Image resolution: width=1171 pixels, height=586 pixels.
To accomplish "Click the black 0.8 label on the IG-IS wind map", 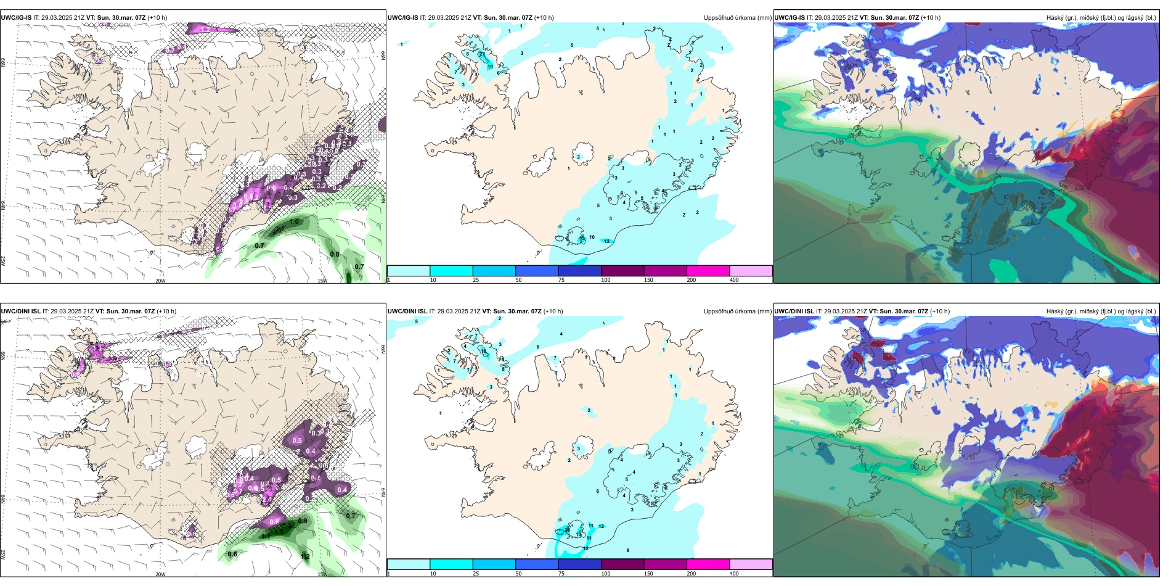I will pos(335,254).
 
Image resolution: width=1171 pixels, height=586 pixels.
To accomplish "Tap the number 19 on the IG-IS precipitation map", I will pos(491,67).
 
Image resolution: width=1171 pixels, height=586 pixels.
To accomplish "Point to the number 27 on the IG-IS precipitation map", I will pos(482,54).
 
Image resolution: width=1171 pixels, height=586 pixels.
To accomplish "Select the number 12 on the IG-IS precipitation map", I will pos(607,241).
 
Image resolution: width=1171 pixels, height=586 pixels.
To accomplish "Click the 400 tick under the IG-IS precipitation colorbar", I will pos(734,280).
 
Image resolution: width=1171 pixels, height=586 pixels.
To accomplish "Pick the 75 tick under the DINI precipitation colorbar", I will pos(561,574).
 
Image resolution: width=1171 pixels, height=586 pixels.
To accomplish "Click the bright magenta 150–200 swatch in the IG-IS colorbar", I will pos(708,271).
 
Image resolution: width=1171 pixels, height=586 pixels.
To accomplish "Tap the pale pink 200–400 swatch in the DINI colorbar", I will pos(751,564).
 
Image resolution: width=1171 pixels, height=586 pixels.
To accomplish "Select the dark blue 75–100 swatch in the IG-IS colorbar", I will pos(579,271).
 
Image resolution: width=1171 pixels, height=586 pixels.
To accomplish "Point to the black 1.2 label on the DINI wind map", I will pos(305,556).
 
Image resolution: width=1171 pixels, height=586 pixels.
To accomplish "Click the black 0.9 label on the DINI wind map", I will pos(303,521).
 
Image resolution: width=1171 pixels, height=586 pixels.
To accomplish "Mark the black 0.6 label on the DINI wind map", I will pos(232,554).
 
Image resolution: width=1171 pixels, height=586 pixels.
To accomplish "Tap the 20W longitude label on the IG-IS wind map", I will pos(160,281).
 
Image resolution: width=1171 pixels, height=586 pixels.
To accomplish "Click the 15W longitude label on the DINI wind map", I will pos(322,574).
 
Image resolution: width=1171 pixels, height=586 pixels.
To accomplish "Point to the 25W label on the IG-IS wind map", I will pos(3,261).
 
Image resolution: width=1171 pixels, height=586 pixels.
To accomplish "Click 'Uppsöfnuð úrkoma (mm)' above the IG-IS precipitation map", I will pos(737,18).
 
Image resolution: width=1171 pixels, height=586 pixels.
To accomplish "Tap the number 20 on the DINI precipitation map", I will pos(567,530).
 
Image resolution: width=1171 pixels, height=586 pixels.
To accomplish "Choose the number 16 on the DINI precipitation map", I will pos(484,351).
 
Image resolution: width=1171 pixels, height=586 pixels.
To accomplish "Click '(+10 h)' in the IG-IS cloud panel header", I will pos(931,18).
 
